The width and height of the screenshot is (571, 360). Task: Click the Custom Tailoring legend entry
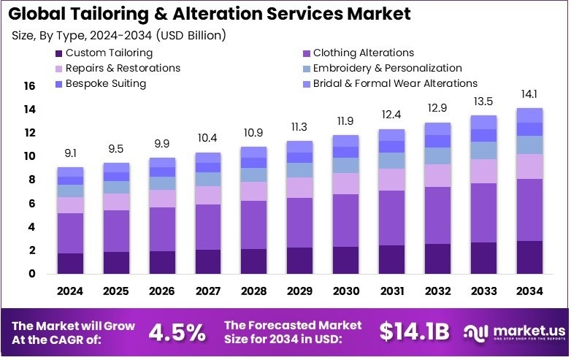point(109,53)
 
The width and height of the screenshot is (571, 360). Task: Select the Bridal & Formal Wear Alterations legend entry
point(395,83)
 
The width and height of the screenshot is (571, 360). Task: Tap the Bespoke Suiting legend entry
point(106,83)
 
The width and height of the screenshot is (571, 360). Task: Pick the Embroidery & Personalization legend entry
point(387,68)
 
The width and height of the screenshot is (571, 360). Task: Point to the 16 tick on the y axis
point(29,86)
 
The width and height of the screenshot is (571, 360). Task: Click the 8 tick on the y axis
point(32,180)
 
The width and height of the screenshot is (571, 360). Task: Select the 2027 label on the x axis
point(208,291)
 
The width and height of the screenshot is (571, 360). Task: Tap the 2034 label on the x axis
point(529,291)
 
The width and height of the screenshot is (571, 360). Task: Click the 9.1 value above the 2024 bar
point(71,154)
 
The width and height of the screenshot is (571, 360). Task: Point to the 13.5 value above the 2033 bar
point(483,102)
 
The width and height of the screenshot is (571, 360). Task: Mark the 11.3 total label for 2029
point(300,127)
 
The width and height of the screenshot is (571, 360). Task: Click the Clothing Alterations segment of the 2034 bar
point(529,210)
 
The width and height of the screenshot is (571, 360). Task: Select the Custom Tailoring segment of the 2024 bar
point(71,263)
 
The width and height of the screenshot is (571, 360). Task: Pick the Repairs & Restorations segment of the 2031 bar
point(392,180)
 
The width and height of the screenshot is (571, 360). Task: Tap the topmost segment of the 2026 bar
point(162,162)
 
